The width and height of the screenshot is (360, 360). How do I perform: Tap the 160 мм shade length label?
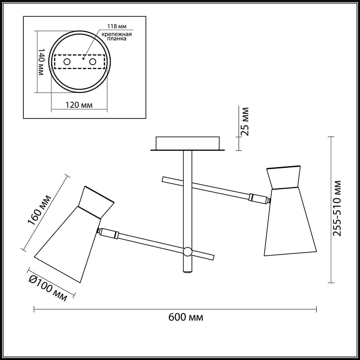39,210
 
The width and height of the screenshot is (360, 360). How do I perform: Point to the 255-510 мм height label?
337,208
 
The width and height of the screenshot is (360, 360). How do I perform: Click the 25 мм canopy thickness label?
245,121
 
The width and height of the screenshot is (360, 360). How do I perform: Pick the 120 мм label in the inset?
79,105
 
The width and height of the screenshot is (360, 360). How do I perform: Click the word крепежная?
117,34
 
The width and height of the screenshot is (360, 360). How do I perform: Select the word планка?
116,39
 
